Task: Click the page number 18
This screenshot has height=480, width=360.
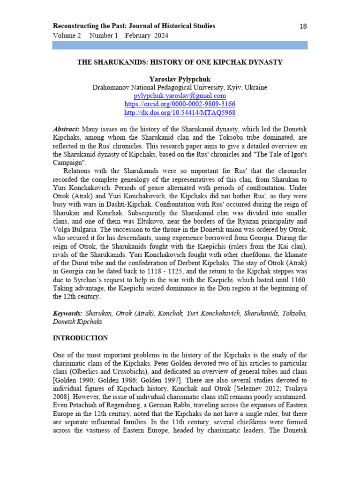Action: [x=303, y=26]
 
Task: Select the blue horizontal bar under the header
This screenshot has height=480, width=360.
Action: [x=180, y=45]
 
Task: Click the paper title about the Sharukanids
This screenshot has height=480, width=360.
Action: [x=180, y=62]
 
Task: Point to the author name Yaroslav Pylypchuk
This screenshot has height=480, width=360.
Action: [x=180, y=80]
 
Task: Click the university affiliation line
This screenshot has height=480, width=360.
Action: [x=180, y=88]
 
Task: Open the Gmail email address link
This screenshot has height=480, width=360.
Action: [x=180, y=96]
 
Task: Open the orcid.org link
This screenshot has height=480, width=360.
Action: [x=180, y=105]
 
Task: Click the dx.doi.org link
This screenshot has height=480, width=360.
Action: [x=180, y=113]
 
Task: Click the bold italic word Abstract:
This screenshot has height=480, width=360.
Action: [x=66, y=129]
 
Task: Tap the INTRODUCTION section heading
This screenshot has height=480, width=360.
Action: [x=80, y=338]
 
